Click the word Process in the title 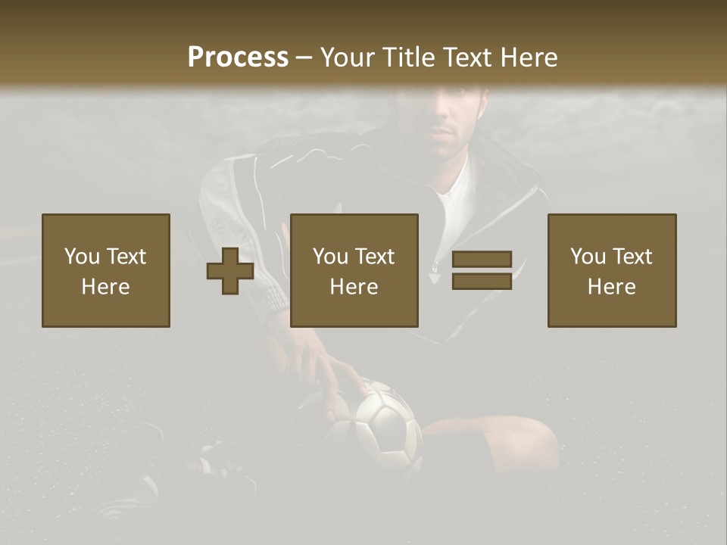[238, 58]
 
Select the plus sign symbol [230, 271]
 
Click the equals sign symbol [482, 270]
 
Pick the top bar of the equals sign [482, 260]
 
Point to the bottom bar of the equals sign [482, 282]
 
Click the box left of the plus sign [106, 270]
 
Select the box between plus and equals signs [354, 270]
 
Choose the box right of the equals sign [612, 270]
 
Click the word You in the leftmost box [82, 257]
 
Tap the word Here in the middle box [354, 286]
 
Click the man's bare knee [523, 439]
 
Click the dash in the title [304, 58]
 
